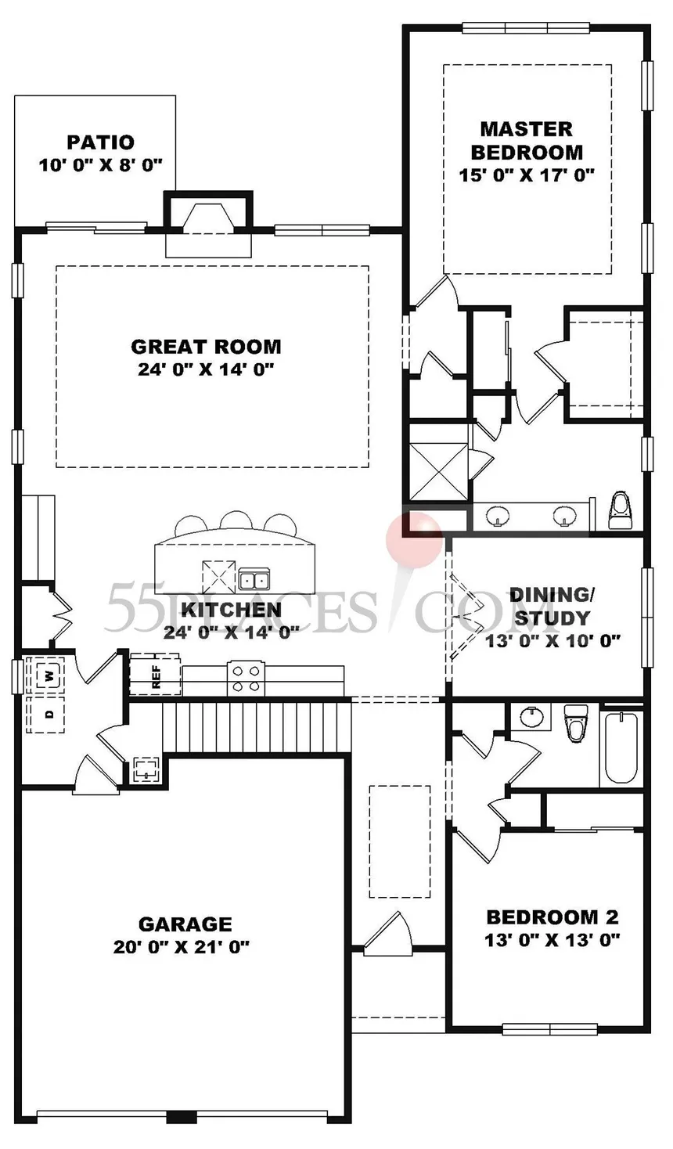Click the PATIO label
100,142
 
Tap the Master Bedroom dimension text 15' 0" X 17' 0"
527,175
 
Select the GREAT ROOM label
206,346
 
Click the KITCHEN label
231,610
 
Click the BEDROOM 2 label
552,917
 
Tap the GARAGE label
185,924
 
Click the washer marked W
49,675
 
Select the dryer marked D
49,714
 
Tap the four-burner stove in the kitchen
245,678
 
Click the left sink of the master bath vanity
498,516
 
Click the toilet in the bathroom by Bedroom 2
576,722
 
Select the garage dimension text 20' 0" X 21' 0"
182,947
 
